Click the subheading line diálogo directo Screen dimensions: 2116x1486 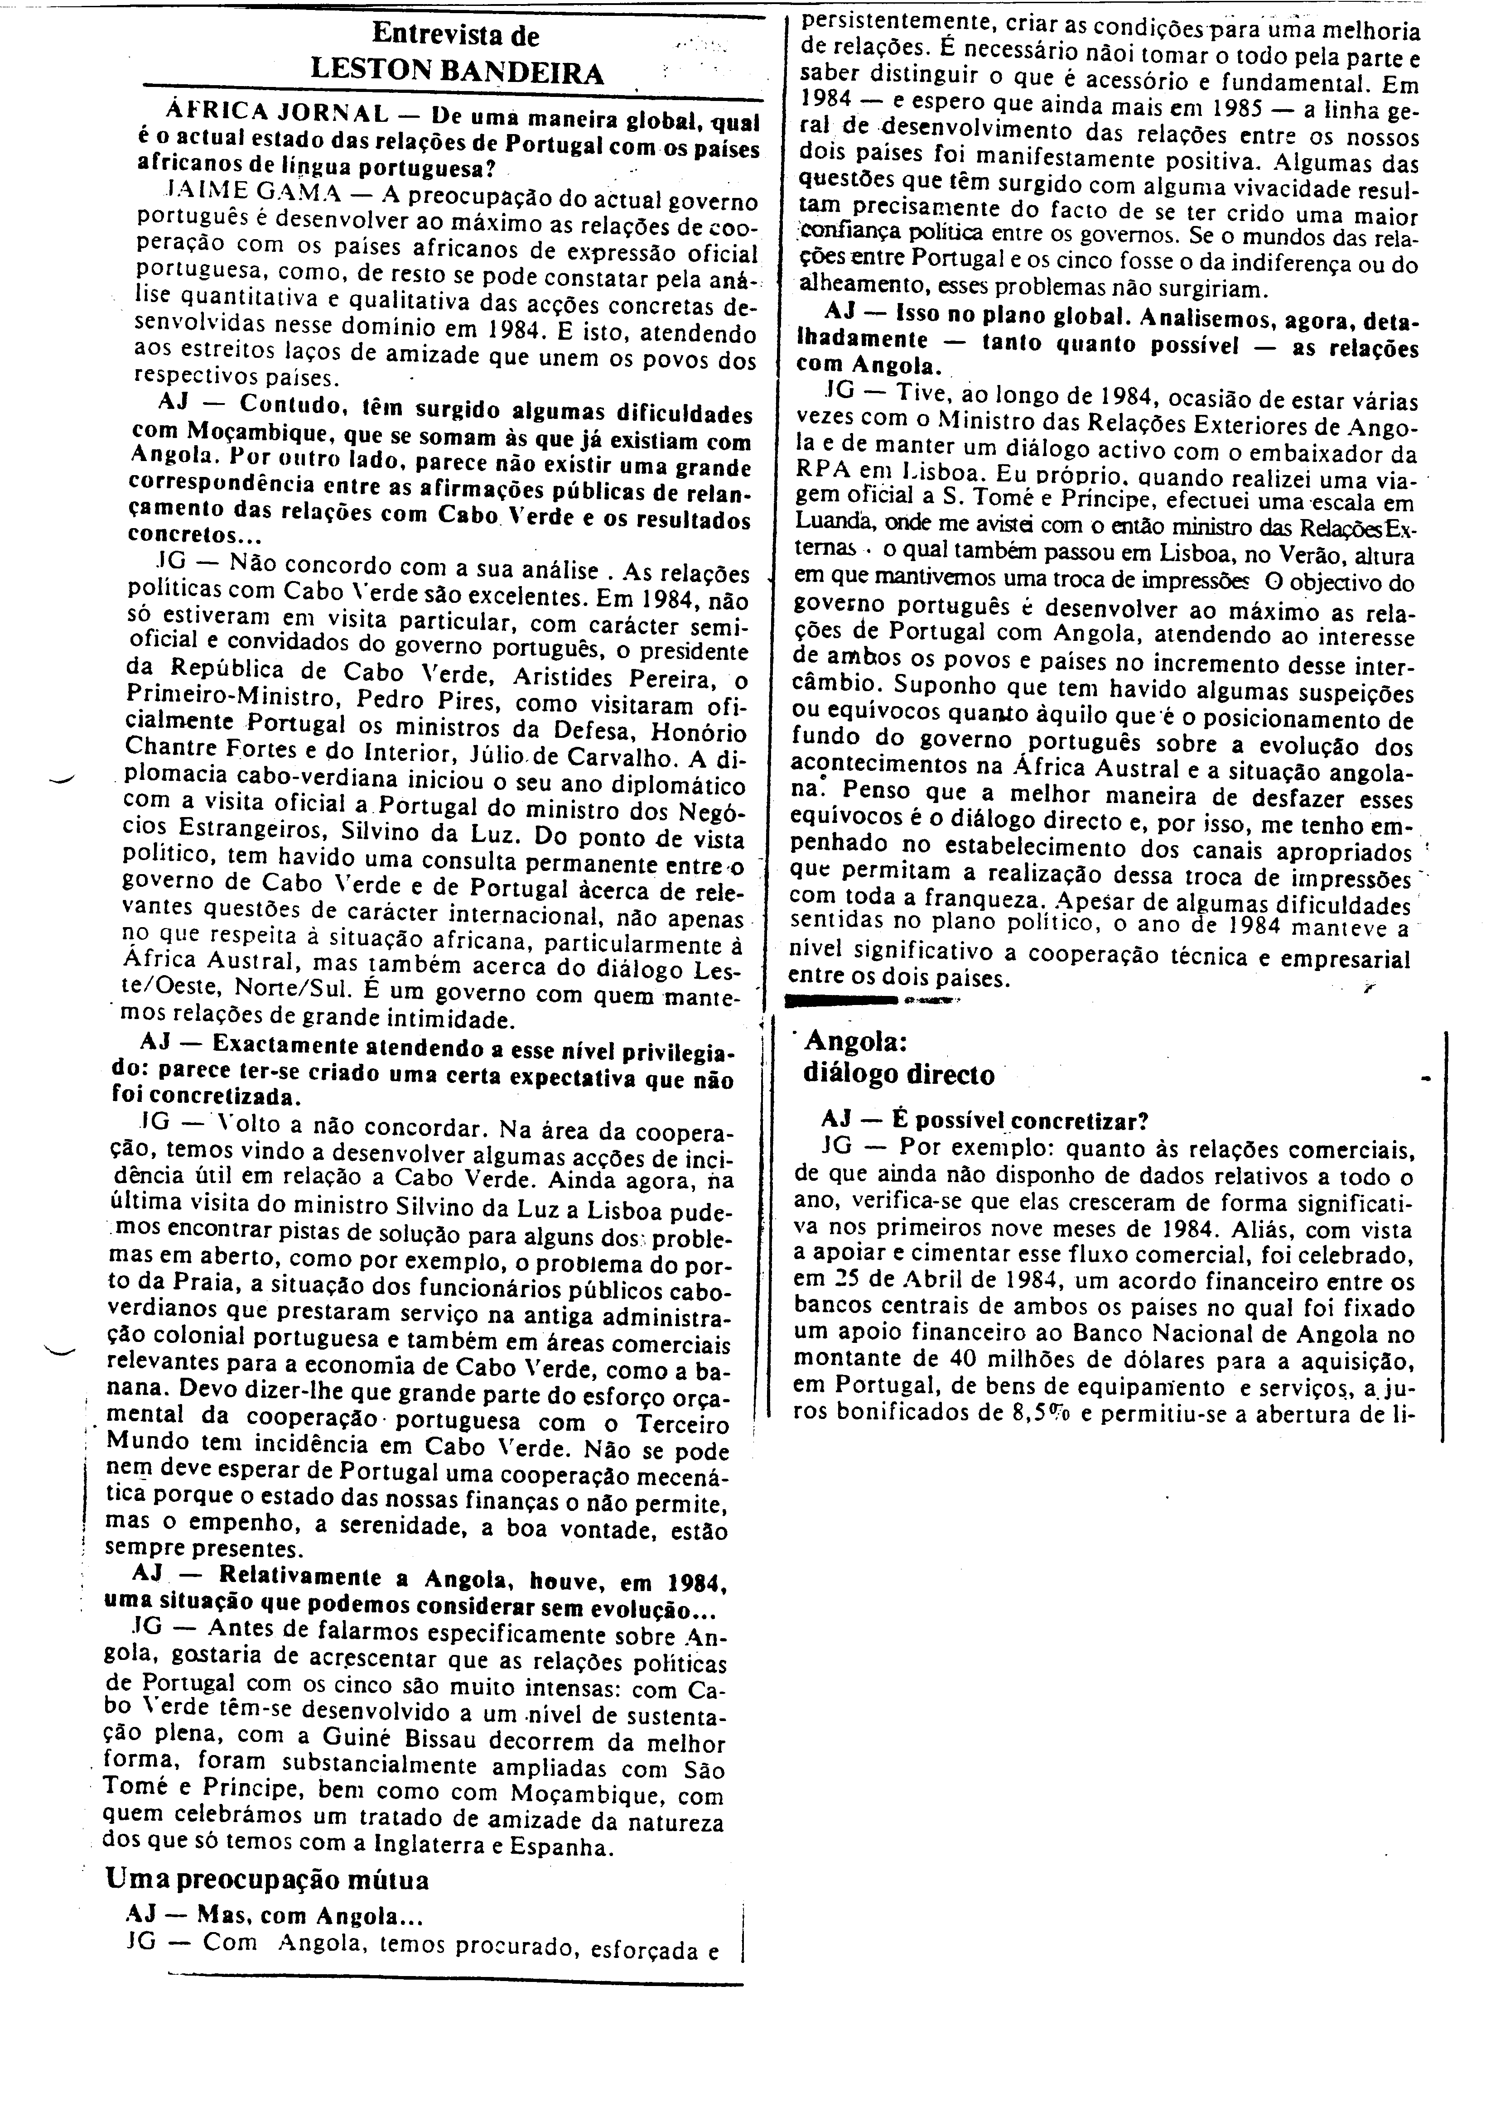(x=899, y=1075)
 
